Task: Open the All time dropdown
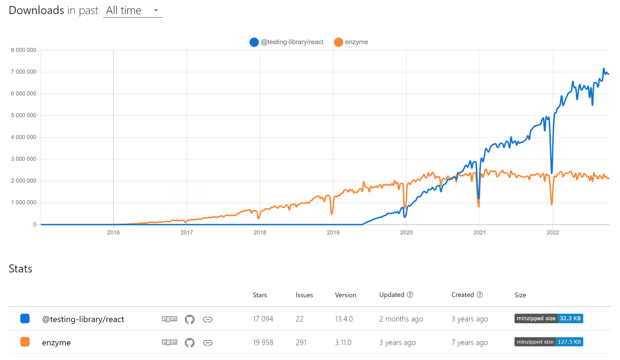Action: point(132,10)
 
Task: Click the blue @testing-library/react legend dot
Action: point(254,42)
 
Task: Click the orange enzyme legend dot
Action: point(338,42)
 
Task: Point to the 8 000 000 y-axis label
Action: point(24,50)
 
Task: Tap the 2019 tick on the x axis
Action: point(333,232)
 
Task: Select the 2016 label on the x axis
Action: point(113,232)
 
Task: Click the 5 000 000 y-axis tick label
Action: point(24,115)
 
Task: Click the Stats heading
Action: point(20,269)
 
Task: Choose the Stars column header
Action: point(260,295)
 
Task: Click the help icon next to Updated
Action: point(410,295)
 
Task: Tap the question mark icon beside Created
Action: point(480,295)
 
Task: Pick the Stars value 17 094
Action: point(263,319)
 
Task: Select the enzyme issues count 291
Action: point(301,342)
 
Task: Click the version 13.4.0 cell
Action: point(344,319)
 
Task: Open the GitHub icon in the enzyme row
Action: point(189,342)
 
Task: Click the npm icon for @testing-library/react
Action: point(169,319)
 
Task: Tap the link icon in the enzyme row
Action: point(208,342)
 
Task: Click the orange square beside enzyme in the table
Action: point(25,342)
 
